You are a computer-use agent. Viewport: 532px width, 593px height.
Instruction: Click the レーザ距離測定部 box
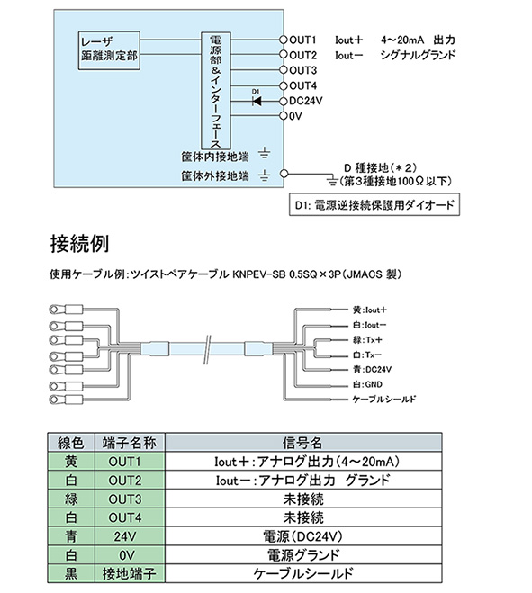pyautogui.click(x=109, y=50)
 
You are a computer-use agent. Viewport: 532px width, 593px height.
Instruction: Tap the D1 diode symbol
pyautogui.click(x=257, y=102)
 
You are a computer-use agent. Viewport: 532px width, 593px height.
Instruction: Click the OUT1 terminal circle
pyautogui.click(x=284, y=40)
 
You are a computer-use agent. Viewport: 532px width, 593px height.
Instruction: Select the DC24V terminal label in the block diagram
pyautogui.click(x=306, y=102)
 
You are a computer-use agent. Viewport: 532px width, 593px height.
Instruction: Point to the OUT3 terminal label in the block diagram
pyautogui.click(x=302, y=70)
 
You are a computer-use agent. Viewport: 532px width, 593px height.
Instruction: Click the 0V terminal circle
pyautogui.click(x=284, y=116)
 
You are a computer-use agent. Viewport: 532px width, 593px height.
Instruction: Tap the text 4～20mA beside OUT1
pyautogui.click(x=402, y=40)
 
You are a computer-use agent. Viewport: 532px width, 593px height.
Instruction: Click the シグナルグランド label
pyautogui.click(x=418, y=55)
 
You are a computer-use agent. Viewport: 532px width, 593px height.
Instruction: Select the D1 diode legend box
pyautogui.click(x=374, y=204)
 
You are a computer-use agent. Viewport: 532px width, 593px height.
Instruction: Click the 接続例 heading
pyautogui.click(x=80, y=244)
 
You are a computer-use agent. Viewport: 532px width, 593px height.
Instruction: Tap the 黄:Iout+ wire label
pyautogui.click(x=370, y=310)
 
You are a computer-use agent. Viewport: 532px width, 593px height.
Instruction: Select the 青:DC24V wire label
pyautogui.click(x=372, y=369)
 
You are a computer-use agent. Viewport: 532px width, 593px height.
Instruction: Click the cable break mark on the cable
pyautogui.click(x=207, y=349)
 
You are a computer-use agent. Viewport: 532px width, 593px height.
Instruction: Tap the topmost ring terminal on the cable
pyautogui.click(x=66, y=310)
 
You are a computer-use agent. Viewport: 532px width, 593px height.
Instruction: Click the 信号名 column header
pyautogui.click(x=303, y=443)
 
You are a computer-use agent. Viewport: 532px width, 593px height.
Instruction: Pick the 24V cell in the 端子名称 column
pyautogui.click(x=125, y=536)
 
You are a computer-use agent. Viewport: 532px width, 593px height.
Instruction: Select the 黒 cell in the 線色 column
pyautogui.click(x=71, y=573)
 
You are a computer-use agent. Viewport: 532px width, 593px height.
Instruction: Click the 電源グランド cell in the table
pyautogui.click(x=303, y=555)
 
